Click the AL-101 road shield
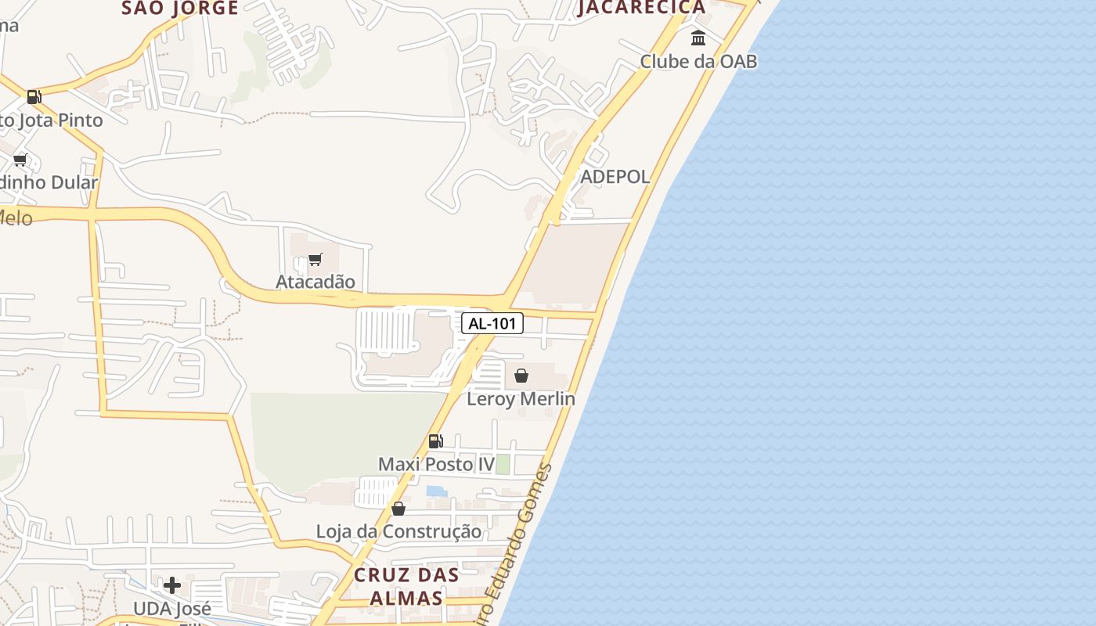coord(492,323)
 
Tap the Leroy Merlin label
coord(521,399)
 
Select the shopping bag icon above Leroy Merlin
coord(521,376)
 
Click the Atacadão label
coord(315,282)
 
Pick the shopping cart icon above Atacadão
coord(315,259)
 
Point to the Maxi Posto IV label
coord(436,465)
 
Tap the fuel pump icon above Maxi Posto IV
coord(436,441)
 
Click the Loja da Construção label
coord(398,532)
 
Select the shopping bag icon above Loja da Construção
coord(398,509)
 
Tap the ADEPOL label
coord(615,177)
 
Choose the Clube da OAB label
coord(698,61)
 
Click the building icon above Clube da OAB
coord(698,38)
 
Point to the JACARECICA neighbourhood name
coord(642,8)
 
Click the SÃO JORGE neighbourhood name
coord(180,8)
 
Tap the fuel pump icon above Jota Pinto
coord(34,97)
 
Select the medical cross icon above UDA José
coord(172,585)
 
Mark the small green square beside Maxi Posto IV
coord(503,464)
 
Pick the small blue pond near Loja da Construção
coord(436,491)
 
